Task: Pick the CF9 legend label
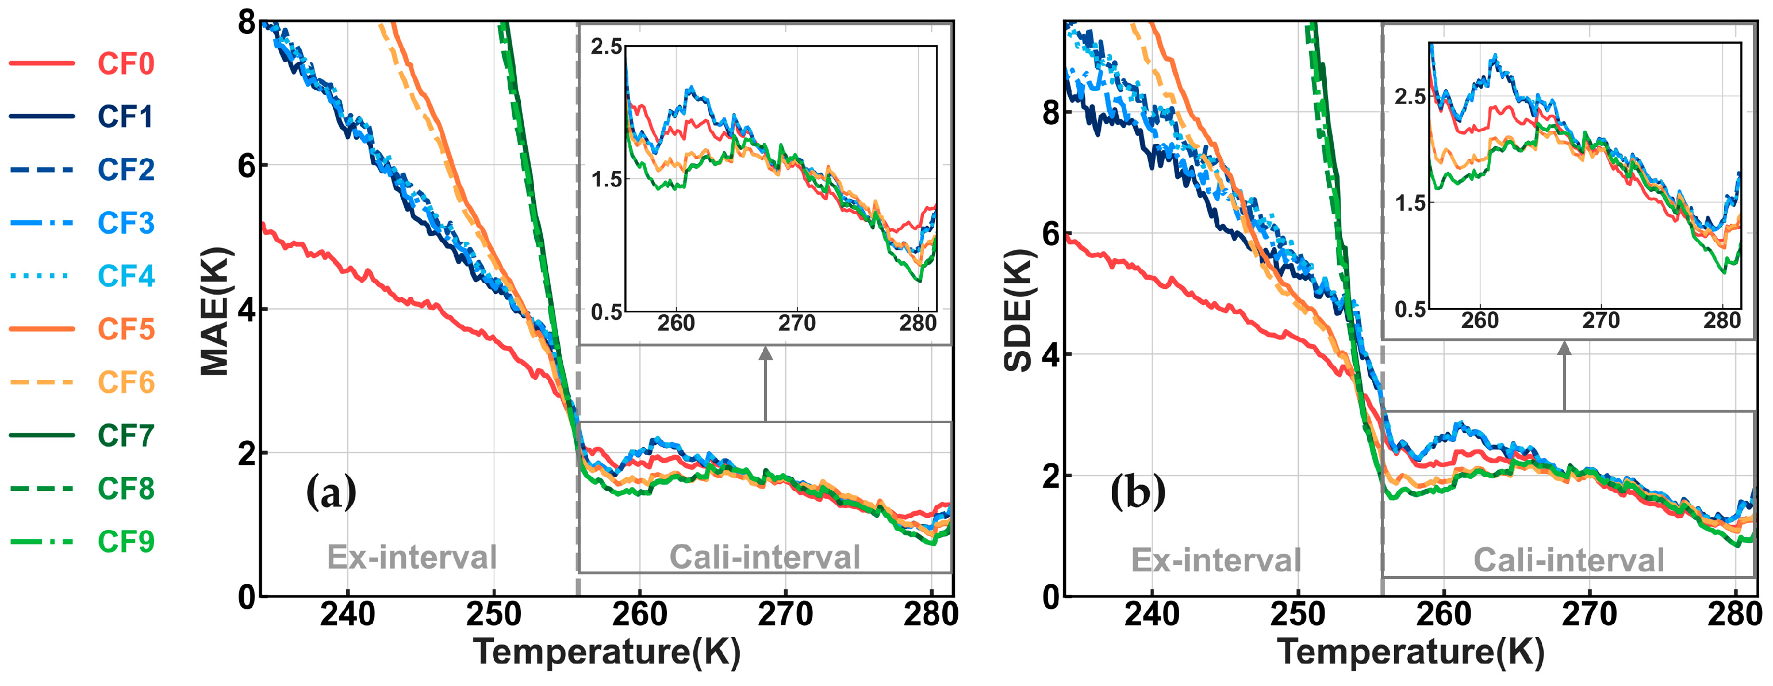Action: coord(125,542)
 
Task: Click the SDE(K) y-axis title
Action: coord(1018,311)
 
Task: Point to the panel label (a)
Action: coord(331,492)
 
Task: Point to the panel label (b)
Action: coord(1138,492)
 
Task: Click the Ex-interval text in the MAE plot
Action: coord(411,557)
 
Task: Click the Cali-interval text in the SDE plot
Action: coord(1568,559)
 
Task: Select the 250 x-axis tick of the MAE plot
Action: coord(493,613)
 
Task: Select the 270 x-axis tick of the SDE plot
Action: coord(1588,613)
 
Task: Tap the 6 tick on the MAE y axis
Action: coord(247,165)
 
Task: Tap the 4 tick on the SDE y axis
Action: coord(1051,355)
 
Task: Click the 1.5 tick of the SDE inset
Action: coord(1410,203)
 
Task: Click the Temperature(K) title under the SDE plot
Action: coord(1410,651)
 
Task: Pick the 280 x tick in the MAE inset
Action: coord(918,323)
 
